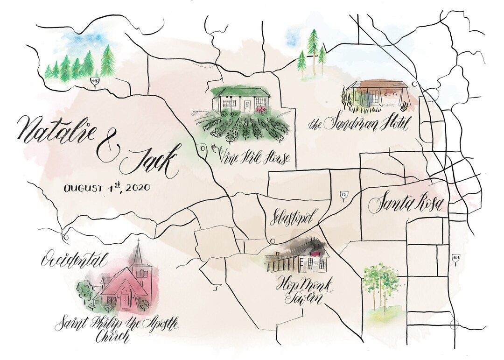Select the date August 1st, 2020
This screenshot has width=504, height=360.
tap(106, 189)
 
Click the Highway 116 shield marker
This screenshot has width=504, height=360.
tap(95, 82)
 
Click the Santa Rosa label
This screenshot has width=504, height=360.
tap(408, 204)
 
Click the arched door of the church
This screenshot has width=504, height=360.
tap(125, 298)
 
